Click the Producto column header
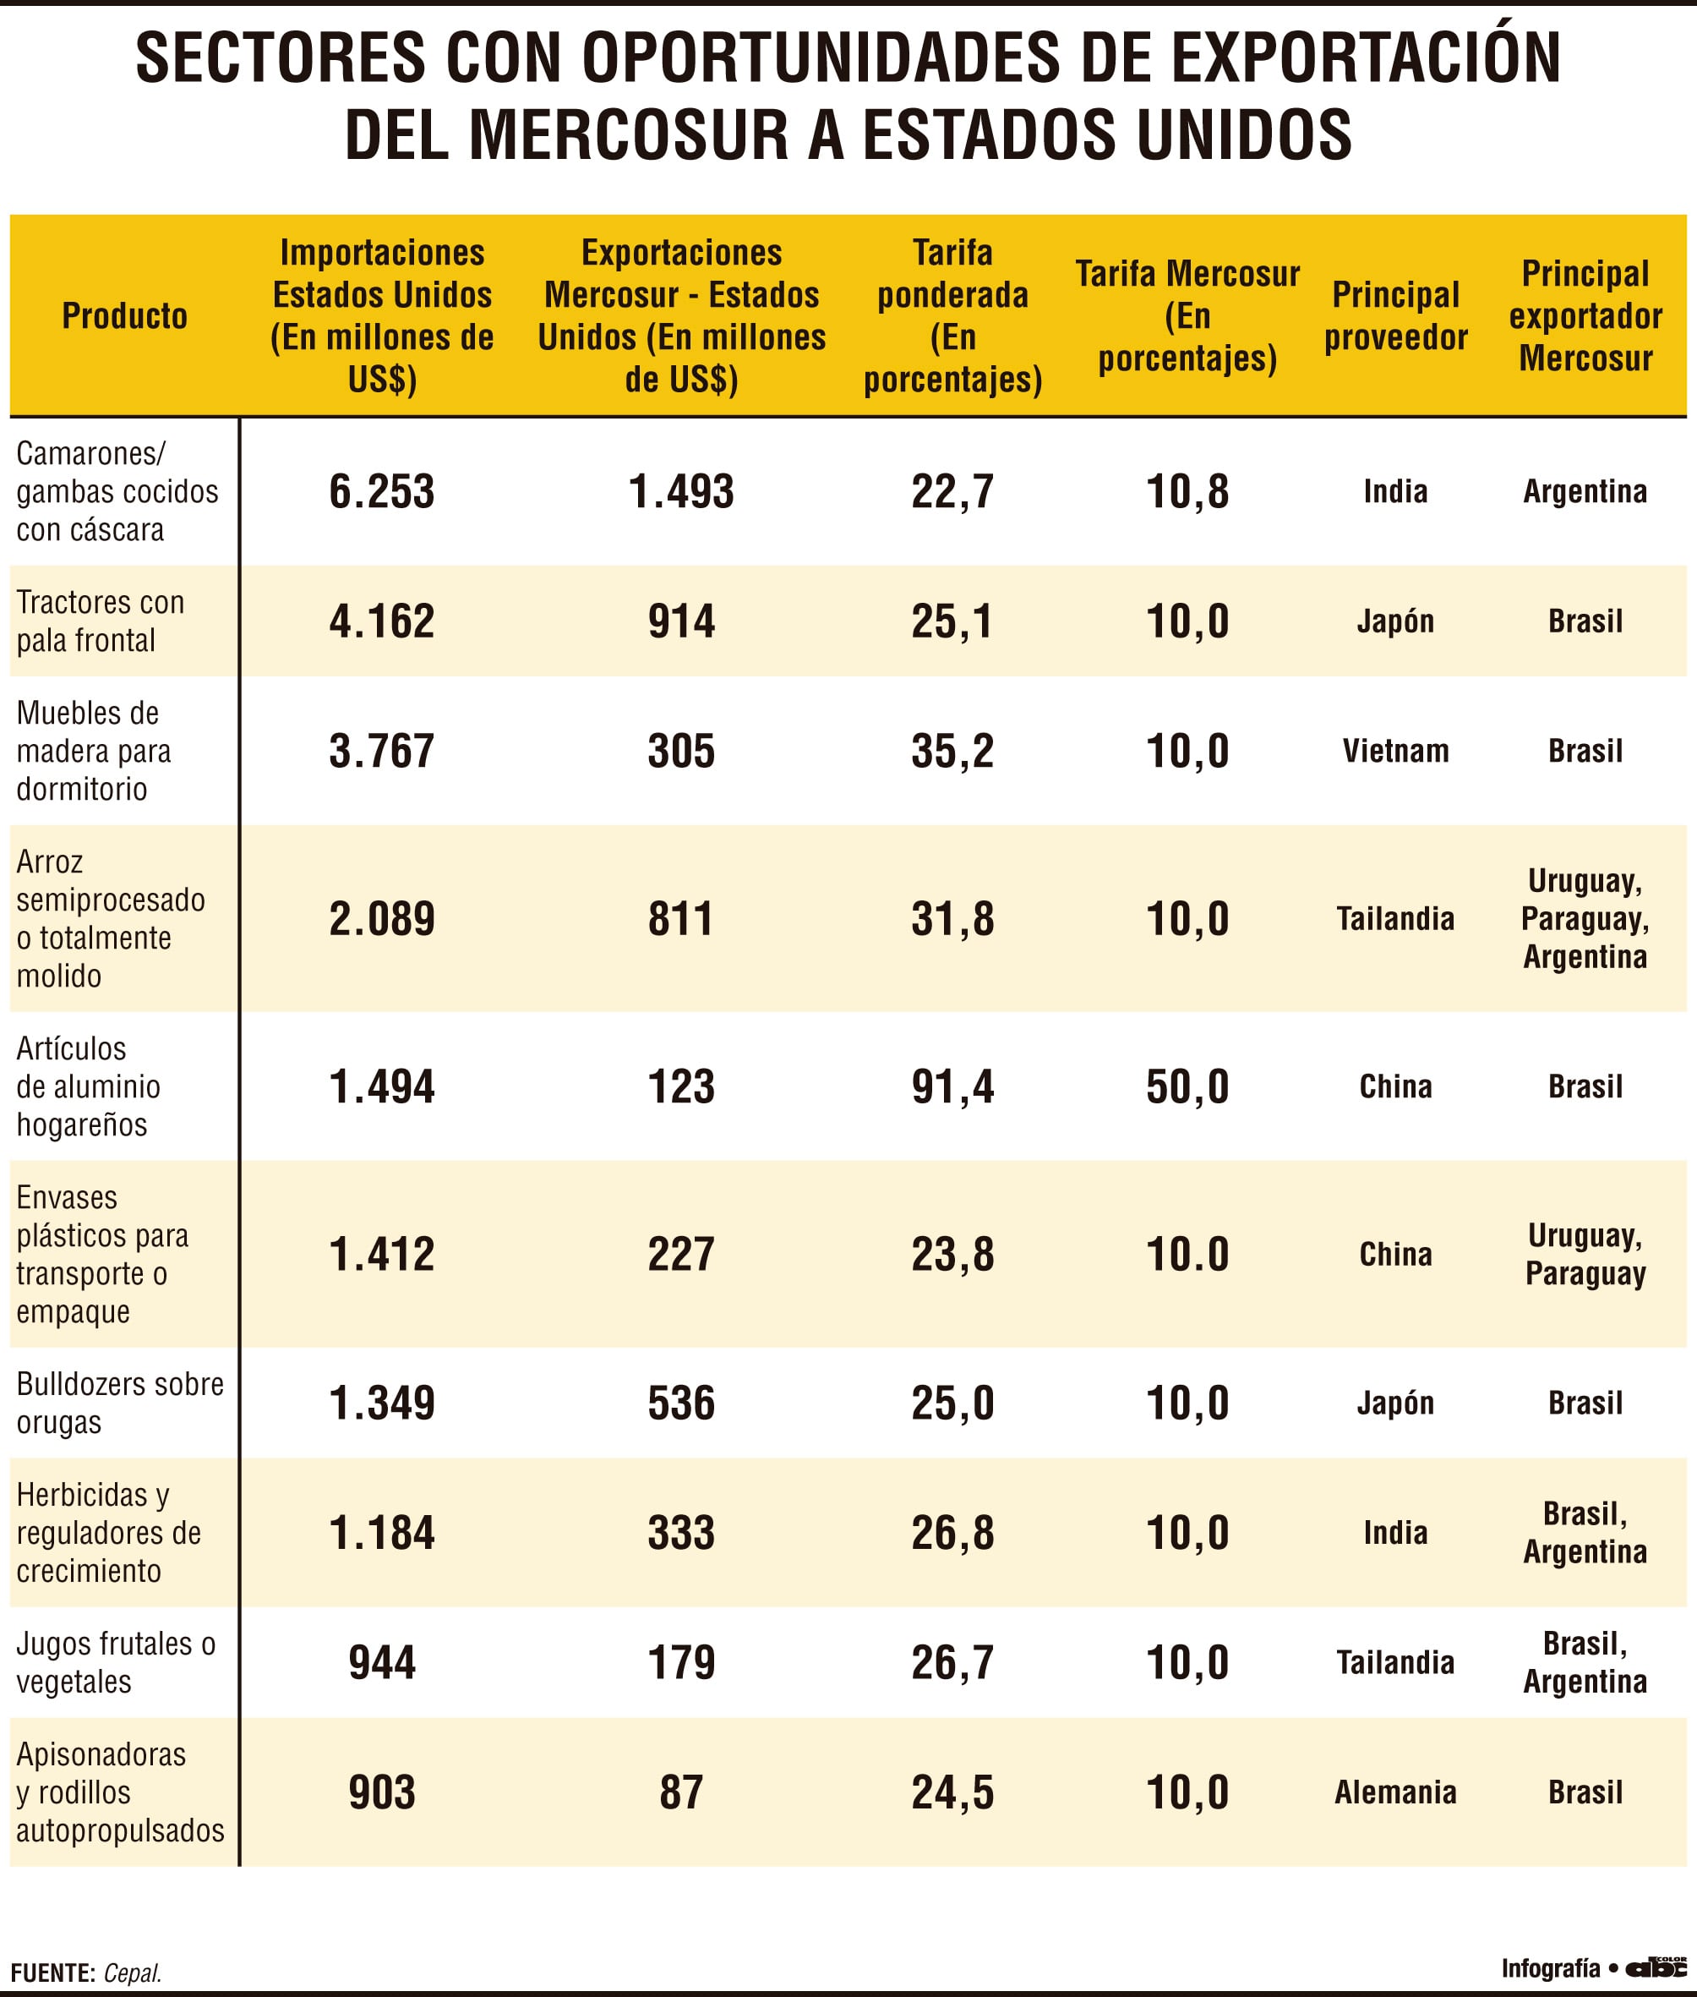(125, 315)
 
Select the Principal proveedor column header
(1395, 315)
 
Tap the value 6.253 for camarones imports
(382, 491)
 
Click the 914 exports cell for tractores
(681, 621)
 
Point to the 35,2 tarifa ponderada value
(952, 751)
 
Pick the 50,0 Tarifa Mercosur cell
(1187, 1086)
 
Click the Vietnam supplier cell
(1395, 751)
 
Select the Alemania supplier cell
(1395, 1792)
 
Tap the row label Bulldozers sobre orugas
(120, 1403)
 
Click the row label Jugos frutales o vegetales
(116, 1662)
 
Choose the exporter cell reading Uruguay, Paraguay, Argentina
(1585, 918)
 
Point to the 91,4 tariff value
(952, 1086)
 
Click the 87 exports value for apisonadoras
(681, 1792)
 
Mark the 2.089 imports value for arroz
(382, 918)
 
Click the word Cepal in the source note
(133, 1973)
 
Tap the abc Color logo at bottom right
(1655, 1968)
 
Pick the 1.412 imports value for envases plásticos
(382, 1254)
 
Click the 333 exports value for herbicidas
(681, 1532)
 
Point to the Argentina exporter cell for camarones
(1585, 491)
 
